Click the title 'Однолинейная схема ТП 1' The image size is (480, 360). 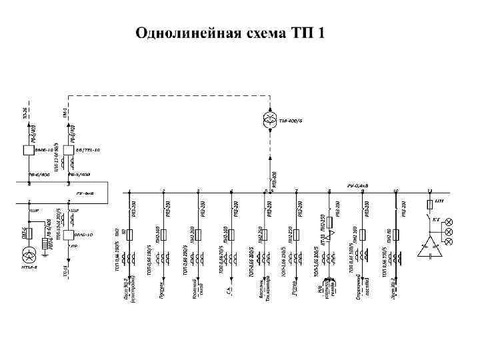[230, 33]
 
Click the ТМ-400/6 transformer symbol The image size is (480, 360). [270, 119]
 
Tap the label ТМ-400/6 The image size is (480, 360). [291, 121]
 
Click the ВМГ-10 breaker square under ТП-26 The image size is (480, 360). [29, 151]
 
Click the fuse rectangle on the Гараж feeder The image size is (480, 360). [296, 235]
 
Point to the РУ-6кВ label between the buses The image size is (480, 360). [85, 193]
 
